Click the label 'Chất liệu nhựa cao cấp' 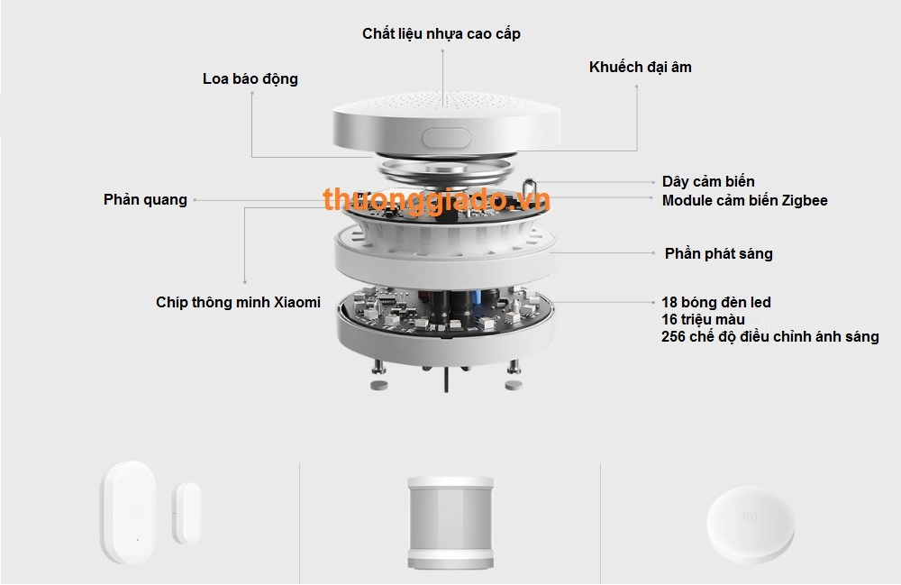(x=441, y=33)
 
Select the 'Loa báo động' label (x=250, y=79)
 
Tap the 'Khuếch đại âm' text (x=641, y=67)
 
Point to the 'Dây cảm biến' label (x=708, y=182)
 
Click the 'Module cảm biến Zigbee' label (x=744, y=200)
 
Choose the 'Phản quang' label (x=145, y=200)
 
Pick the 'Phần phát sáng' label (x=718, y=253)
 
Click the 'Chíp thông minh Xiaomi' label (x=238, y=303)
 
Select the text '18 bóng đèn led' (x=716, y=303)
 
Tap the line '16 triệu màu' (x=703, y=320)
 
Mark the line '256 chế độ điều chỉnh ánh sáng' (x=769, y=337)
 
